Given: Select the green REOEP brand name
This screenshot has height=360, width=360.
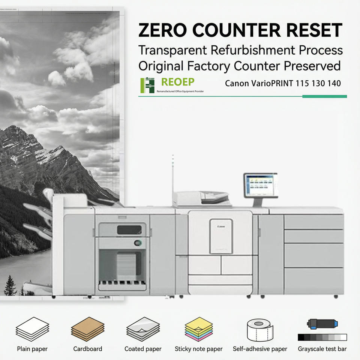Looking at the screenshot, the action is (x=178, y=82).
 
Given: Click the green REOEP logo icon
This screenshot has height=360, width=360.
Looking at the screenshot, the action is (x=147, y=85).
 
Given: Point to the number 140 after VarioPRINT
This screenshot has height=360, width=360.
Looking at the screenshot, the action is (x=333, y=83).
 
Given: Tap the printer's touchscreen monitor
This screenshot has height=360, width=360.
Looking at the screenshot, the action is (x=260, y=185).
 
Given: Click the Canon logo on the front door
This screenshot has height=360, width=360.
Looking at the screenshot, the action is (x=221, y=227).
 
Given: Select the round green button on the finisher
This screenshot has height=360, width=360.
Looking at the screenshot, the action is (x=138, y=243).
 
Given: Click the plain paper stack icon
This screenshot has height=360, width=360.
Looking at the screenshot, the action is (x=32, y=329).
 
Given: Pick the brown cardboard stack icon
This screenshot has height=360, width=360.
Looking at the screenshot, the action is (x=87, y=329).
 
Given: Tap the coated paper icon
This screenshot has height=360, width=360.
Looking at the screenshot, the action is (x=143, y=329).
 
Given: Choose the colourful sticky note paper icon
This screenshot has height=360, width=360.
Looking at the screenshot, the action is (x=198, y=329).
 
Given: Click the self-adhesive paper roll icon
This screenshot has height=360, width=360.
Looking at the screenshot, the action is (x=260, y=329).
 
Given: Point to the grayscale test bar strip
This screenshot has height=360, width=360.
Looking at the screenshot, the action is (x=322, y=337).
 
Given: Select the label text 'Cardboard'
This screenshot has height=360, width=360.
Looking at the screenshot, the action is (x=87, y=349).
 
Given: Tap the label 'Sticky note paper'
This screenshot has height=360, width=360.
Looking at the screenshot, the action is (x=198, y=349).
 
